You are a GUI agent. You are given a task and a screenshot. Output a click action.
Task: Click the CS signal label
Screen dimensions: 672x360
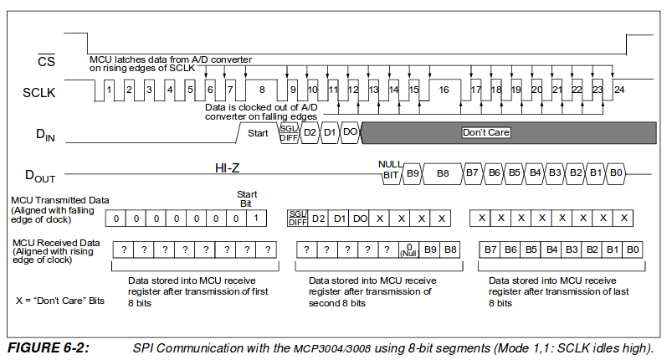click(46, 61)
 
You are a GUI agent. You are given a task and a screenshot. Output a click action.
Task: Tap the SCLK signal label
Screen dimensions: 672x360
click(39, 93)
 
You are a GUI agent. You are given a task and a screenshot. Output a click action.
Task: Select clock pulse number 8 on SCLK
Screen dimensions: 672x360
click(262, 90)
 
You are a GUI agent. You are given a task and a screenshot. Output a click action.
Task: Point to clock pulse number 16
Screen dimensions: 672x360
click(444, 90)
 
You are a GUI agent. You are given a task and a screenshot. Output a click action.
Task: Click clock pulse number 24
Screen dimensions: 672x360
click(619, 90)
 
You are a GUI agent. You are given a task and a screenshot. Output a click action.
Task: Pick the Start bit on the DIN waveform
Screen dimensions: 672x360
click(258, 133)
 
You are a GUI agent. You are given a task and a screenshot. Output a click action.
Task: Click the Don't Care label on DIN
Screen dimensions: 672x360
click(486, 132)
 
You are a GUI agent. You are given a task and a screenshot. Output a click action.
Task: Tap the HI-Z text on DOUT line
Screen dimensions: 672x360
click(227, 168)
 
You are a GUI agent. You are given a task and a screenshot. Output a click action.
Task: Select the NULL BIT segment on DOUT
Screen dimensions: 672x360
click(391, 170)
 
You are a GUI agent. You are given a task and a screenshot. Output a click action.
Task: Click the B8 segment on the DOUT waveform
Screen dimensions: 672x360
click(443, 173)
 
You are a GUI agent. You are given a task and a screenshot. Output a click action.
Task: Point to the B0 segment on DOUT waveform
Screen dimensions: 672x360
click(616, 172)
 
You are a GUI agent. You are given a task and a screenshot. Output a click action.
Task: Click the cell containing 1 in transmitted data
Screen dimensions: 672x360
click(256, 219)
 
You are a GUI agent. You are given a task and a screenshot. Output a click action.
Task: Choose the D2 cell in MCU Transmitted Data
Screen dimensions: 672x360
click(319, 219)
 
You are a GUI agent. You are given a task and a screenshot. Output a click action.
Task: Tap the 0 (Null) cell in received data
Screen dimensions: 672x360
click(409, 249)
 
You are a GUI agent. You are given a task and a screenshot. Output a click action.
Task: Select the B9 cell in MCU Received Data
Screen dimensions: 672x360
click(430, 249)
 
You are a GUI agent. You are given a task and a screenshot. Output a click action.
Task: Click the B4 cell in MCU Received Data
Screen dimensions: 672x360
click(551, 249)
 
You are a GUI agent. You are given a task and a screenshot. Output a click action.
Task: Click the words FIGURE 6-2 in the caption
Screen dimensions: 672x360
click(49, 347)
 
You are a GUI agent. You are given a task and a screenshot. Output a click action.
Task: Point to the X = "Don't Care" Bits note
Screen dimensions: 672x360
click(60, 301)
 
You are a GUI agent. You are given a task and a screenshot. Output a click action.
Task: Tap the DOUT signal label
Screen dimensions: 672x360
click(40, 176)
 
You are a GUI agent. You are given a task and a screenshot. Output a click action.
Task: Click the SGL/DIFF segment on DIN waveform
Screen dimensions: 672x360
click(289, 133)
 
